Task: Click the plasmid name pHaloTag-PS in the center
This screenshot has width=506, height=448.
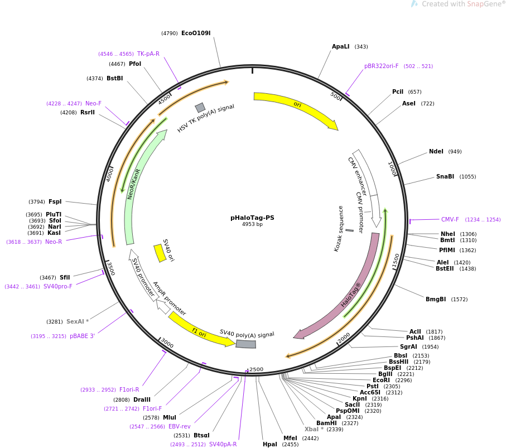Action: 252,218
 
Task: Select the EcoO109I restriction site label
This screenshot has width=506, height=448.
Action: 196,33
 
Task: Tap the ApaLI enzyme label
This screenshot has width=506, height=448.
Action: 340,47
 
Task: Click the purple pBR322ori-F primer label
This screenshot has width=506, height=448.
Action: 381,66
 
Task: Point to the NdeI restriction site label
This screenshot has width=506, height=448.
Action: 436,152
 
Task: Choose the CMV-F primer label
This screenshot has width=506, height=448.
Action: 450,220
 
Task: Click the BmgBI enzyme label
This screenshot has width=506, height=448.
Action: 436,300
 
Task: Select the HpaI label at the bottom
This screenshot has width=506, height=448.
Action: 270,445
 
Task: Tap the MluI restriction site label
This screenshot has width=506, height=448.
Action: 170,417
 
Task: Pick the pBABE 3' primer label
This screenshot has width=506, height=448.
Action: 82,336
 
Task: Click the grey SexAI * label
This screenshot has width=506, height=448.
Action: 78,322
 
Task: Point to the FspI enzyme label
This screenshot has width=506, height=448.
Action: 55,202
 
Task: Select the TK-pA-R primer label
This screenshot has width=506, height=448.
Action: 148,54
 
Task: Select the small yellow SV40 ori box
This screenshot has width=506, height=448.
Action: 160,253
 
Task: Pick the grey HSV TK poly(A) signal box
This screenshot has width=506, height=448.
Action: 200,108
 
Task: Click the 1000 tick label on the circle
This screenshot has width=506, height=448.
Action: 392,168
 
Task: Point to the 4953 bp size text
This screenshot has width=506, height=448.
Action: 252,224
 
